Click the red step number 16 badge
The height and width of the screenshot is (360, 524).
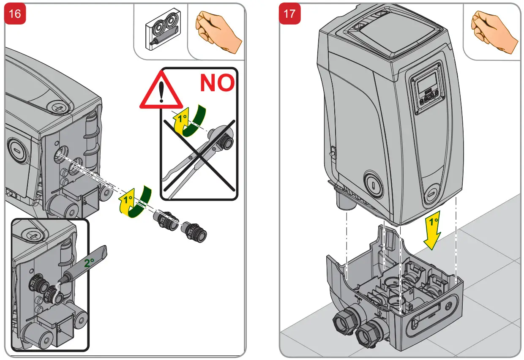click(x=15, y=14)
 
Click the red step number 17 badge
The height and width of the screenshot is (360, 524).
click(x=289, y=14)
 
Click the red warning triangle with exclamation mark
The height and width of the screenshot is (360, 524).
click(x=161, y=90)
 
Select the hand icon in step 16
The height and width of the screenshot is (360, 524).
click(x=218, y=31)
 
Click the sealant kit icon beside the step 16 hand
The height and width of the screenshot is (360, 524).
click(x=163, y=29)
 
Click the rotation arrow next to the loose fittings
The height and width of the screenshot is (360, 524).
click(x=135, y=202)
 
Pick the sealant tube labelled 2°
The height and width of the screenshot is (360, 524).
click(x=86, y=265)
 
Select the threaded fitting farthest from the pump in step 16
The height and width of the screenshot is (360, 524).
click(x=194, y=232)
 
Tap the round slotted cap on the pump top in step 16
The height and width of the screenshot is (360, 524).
click(x=58, y=108)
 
